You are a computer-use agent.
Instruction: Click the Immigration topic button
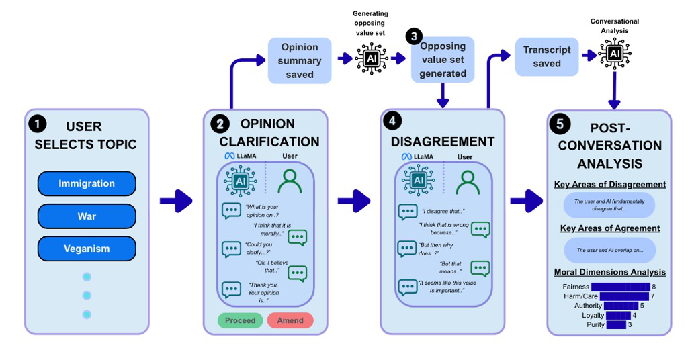87,183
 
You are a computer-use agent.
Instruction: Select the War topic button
87,216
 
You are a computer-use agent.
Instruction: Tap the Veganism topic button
87,249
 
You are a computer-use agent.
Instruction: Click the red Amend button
290,320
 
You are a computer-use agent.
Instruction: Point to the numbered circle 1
38,124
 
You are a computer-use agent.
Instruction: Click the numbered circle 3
414,36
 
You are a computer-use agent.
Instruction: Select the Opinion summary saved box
300,60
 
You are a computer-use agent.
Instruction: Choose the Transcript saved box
547,56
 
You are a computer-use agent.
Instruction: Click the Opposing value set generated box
443,60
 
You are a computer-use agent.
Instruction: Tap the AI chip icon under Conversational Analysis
614,54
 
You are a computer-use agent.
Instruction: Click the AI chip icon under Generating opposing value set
372,58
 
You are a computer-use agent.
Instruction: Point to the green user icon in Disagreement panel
468,183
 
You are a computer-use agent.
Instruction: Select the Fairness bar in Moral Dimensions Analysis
621,287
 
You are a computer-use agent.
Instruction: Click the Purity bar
616,324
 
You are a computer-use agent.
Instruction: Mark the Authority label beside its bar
588,306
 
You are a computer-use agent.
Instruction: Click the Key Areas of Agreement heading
610,228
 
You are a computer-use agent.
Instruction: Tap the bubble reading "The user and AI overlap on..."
609,250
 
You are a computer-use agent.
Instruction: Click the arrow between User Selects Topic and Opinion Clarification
176,201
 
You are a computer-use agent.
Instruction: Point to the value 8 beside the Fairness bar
654,287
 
